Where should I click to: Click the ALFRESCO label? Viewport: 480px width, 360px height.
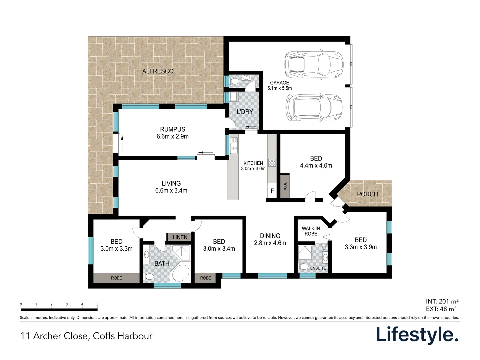point(158,71)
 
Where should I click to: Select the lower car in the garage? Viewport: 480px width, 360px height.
point(314,107)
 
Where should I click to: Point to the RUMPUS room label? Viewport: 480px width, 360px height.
point(172,129)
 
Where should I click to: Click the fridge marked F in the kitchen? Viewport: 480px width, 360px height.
point(272,191)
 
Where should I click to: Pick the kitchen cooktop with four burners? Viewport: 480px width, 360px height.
point(272,163)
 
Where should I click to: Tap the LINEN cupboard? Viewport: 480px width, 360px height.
point(180,237)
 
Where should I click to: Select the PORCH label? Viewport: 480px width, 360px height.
point(367,194)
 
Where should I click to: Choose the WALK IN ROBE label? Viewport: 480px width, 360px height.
point(311,231)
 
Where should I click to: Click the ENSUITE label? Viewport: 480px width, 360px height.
point(318,268)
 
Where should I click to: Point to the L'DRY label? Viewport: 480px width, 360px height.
point(245,112)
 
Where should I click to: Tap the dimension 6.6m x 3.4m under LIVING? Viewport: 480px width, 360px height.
point(171,191)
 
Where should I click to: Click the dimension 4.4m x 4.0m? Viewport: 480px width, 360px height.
point(316,166)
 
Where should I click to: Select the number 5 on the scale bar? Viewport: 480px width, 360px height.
point(97,304)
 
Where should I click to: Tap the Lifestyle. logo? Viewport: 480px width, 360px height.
point(417,335)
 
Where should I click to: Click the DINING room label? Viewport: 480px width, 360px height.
point(270,236)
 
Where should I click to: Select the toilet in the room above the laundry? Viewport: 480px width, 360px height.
point(235,81)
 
